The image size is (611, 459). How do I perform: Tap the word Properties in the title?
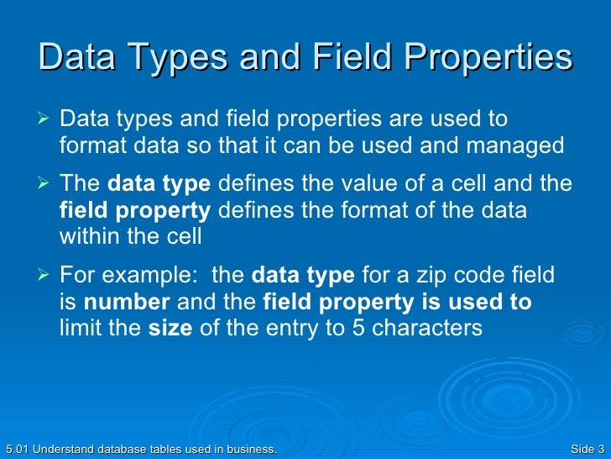[x=489, y=59]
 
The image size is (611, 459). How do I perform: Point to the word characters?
[x=427, y=328]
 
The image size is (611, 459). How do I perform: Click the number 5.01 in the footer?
[x=15, y=450]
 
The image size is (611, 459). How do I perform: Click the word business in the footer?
[x=249, y=450]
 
